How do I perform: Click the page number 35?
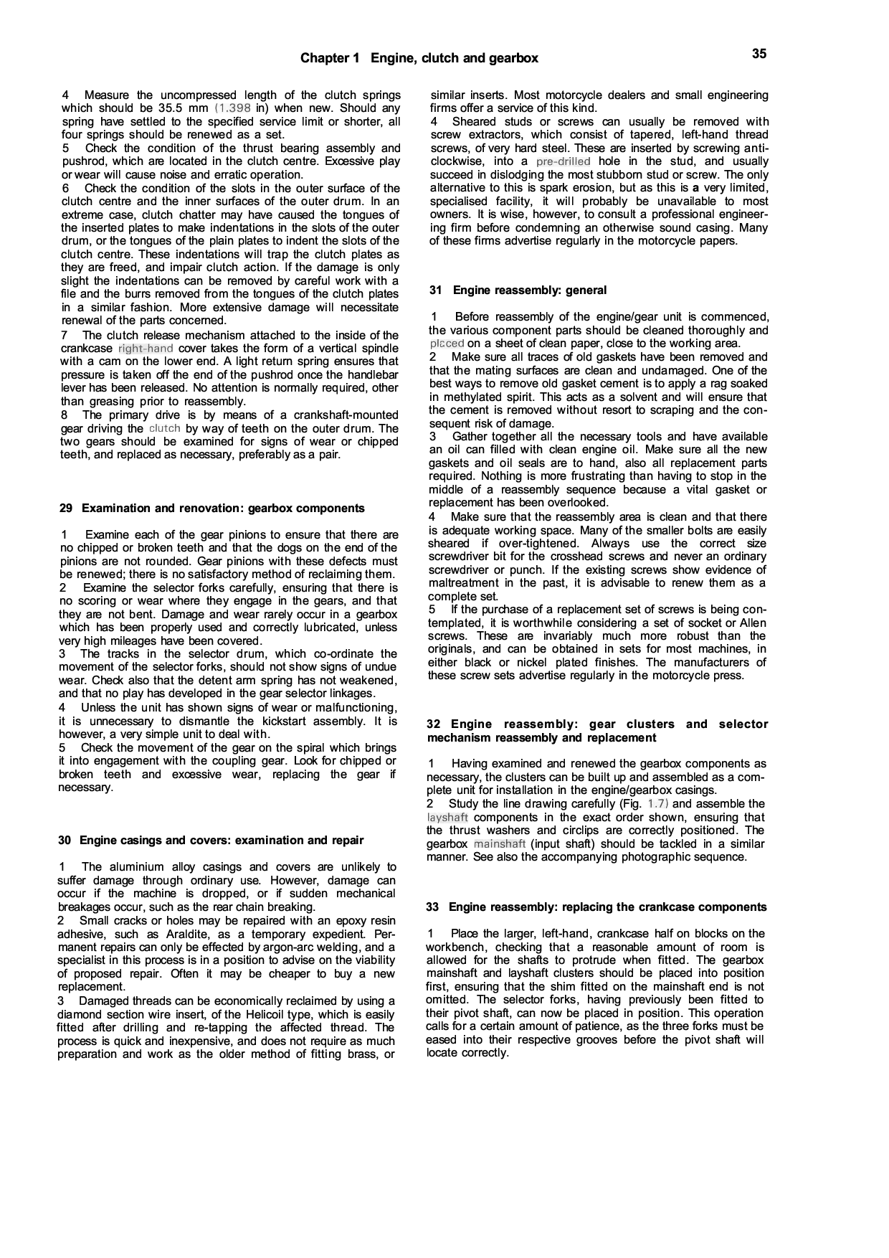[759, 54]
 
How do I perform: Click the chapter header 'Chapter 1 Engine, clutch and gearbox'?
[419, 58]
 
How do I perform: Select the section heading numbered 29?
[211, 509]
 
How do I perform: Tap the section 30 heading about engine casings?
[211, 840]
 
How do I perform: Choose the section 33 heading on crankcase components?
[596, 907]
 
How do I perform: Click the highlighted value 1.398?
[233, 108]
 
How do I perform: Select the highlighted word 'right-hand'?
[146, 349]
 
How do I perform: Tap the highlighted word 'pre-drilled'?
[563, 161]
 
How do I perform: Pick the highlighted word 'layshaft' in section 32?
[447, 817]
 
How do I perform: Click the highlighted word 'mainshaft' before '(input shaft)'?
[500, 843]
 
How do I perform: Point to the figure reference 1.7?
[658, 804]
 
